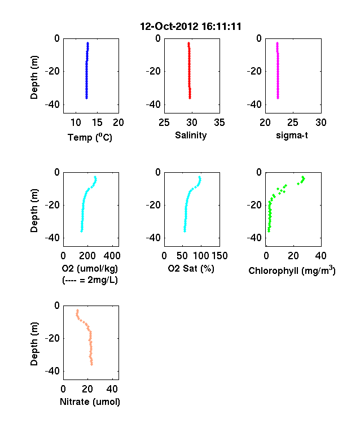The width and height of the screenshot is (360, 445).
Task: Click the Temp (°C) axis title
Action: pyautogui.click(x=90, y=137)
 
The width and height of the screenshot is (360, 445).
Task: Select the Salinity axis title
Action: pyautogui.click(x=191, y=135)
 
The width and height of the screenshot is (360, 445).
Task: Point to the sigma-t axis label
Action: pyautogui.click(x=292, y=136)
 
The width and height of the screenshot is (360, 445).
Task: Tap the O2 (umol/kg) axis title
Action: pyautogui.click(x=90, y=268)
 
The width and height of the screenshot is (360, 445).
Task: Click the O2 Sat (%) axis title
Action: pyautogui.click(x=191, y=268)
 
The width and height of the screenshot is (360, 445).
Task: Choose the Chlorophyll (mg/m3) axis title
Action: pyautogui.click(x=292, y=271)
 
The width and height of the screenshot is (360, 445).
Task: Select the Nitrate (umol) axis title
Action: pyautogui.click(x=90, y=402)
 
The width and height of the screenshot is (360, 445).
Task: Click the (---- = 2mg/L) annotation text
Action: pyautogui.click(x=90, y=280)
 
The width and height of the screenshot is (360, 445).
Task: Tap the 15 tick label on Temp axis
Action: pyautogui.click(x=97, y=123)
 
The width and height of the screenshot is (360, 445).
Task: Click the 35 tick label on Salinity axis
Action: pyautogui.click(x=219, y=123)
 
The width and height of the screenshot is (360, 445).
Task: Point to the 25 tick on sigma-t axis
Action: pyautogui.click(x=292, y=123)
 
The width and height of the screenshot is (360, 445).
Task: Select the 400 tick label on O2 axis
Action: pyautogui.click(x=112, y=256)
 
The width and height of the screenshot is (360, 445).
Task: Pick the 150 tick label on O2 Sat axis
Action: pyautogui.click(x=219, y=256)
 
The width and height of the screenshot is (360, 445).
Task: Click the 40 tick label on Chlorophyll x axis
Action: pyautogui.click(x=321, y=256)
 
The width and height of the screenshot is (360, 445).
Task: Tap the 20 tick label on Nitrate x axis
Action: pyautogui.click(x=87, y=389)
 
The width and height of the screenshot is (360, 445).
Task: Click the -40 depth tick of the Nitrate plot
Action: pyautogui.click(x=52, y=371)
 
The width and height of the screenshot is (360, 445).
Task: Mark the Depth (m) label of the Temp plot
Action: pyautogui.click(x=34, y=77)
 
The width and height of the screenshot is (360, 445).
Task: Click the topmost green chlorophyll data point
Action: pyautogui.click(x=303, y=177)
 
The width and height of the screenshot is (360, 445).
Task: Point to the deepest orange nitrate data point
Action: pyautogui.click(x=91, y=364)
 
